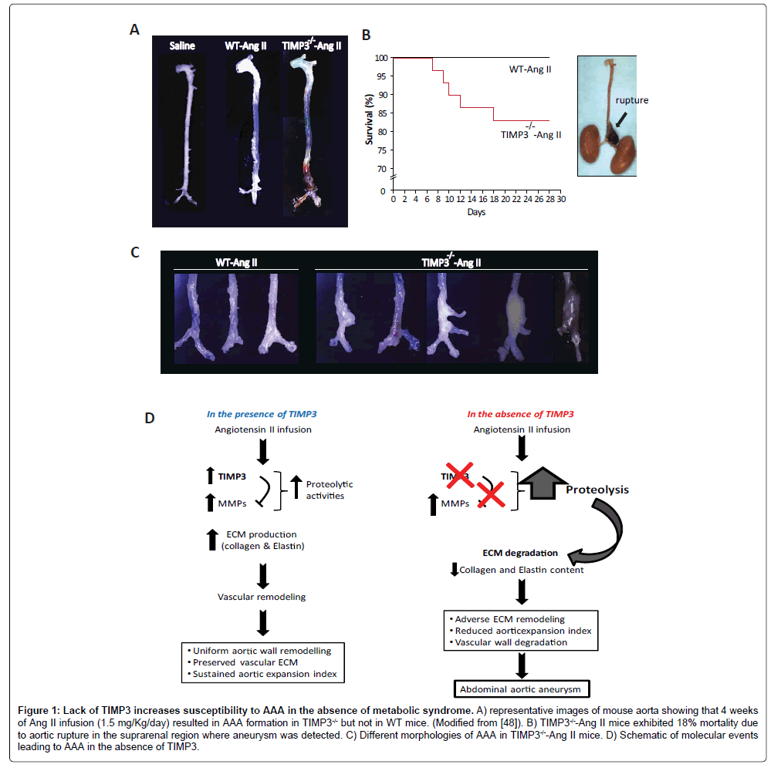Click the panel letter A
135,30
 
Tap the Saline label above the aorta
183,45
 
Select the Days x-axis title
476,212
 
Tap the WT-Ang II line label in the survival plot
534,69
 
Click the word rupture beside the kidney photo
631,100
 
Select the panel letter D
150,419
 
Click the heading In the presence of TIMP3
262,415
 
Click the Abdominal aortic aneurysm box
522,689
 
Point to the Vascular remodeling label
262,595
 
